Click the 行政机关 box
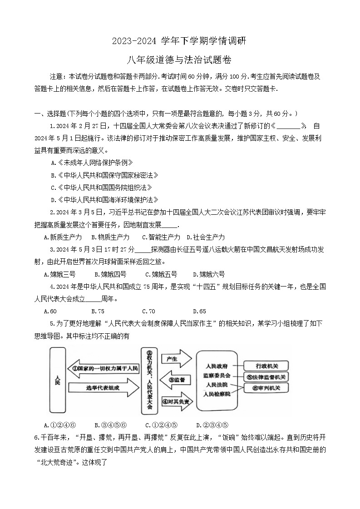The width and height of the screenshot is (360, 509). (266, 366)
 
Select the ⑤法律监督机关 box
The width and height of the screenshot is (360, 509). (266, 377)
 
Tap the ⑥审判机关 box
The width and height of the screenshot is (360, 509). (266, 388)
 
